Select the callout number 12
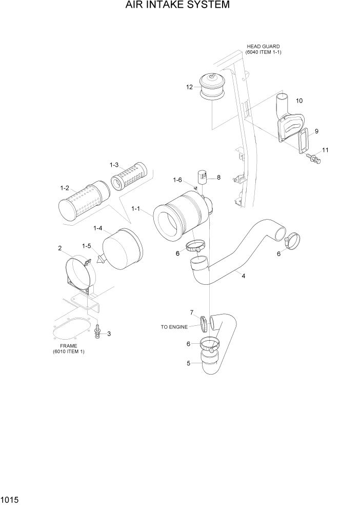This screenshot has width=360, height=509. [189, 87]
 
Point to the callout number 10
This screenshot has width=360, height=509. [299, 101]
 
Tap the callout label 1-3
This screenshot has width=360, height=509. [114, 165]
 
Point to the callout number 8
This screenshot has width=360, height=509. [218, 178]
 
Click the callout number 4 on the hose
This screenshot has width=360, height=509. [243, 276]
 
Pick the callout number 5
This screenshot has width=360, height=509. [188, 364]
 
